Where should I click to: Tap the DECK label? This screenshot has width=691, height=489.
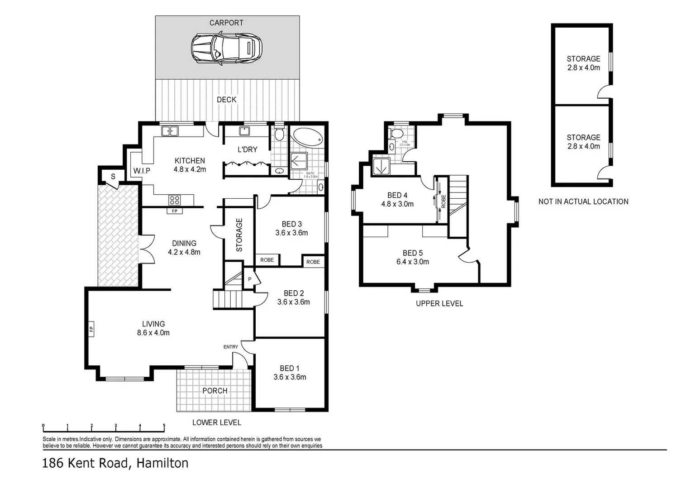pos(226,100)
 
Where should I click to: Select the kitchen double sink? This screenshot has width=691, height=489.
pos(170,131)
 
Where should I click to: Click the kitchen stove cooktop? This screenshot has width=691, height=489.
pos(174,200)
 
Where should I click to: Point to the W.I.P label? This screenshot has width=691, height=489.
pos(142,171)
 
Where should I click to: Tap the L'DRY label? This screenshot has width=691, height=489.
pos(248,149)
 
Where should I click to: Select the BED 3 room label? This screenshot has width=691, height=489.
pos(291,224)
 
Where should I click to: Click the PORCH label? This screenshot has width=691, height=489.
pos(214,391)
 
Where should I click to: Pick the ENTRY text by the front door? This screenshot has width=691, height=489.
pos(230,347)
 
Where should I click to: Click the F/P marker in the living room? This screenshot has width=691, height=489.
pos(91,329)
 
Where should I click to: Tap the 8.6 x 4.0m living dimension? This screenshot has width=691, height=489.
pos(153,333)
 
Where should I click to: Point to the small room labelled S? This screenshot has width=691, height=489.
pos(113,177)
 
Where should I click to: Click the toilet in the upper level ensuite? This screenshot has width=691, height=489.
pos(397,134)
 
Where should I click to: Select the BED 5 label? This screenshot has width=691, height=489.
pos(413,253)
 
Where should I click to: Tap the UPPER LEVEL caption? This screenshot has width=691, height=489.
pos(439,303)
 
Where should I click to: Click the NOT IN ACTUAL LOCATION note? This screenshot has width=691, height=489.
pos(583,201)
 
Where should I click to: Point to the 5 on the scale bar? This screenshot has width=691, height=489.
pos(164,426)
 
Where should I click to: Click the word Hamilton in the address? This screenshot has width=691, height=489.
pos(162,463)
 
